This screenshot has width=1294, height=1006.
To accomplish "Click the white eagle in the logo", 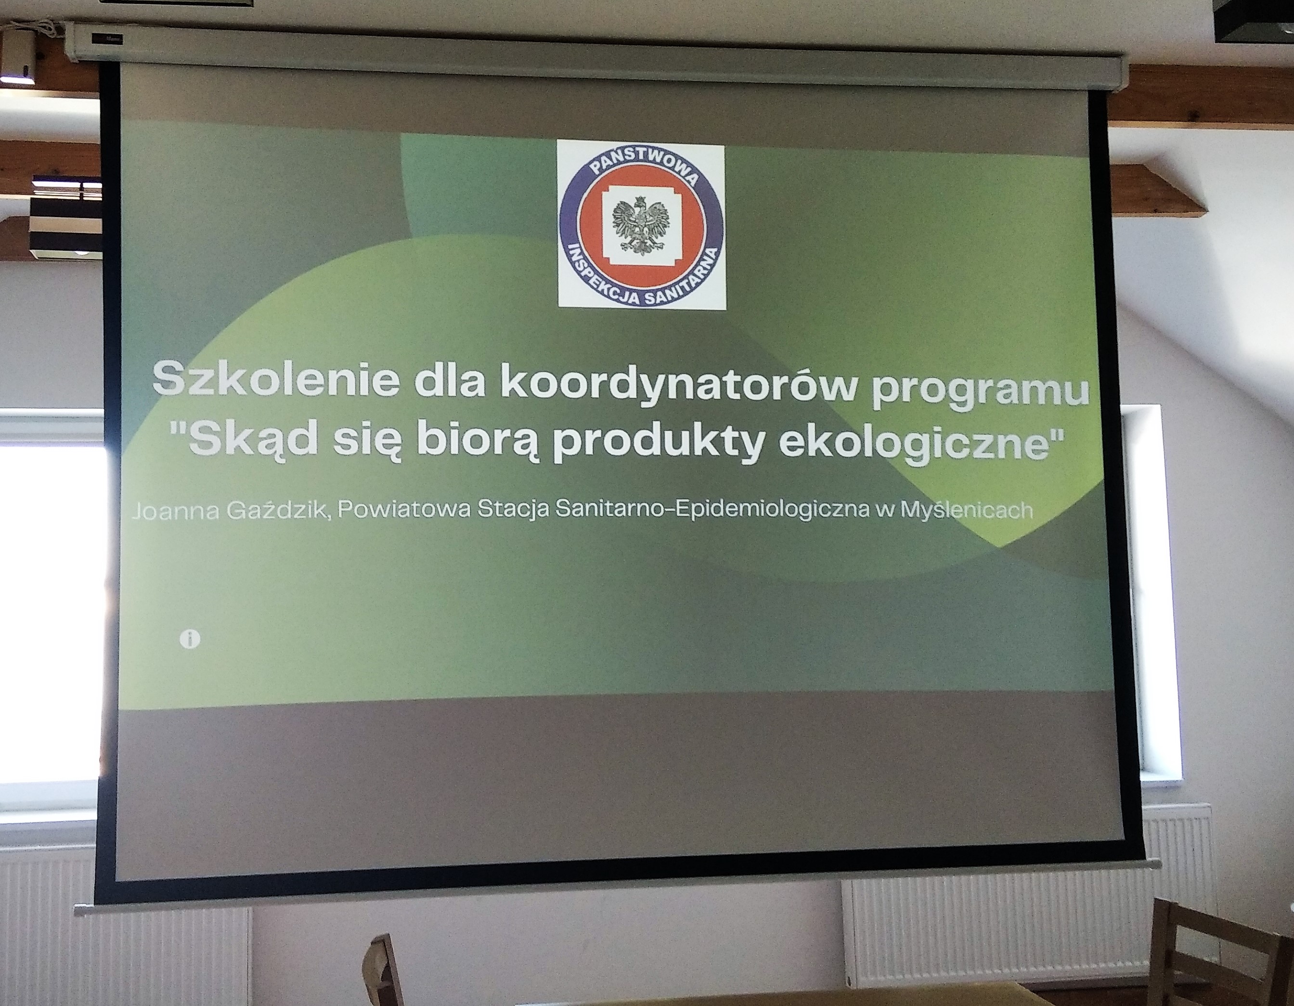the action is click(x=639, y=226).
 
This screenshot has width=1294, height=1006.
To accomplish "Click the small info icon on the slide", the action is click(x=190, y=639).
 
